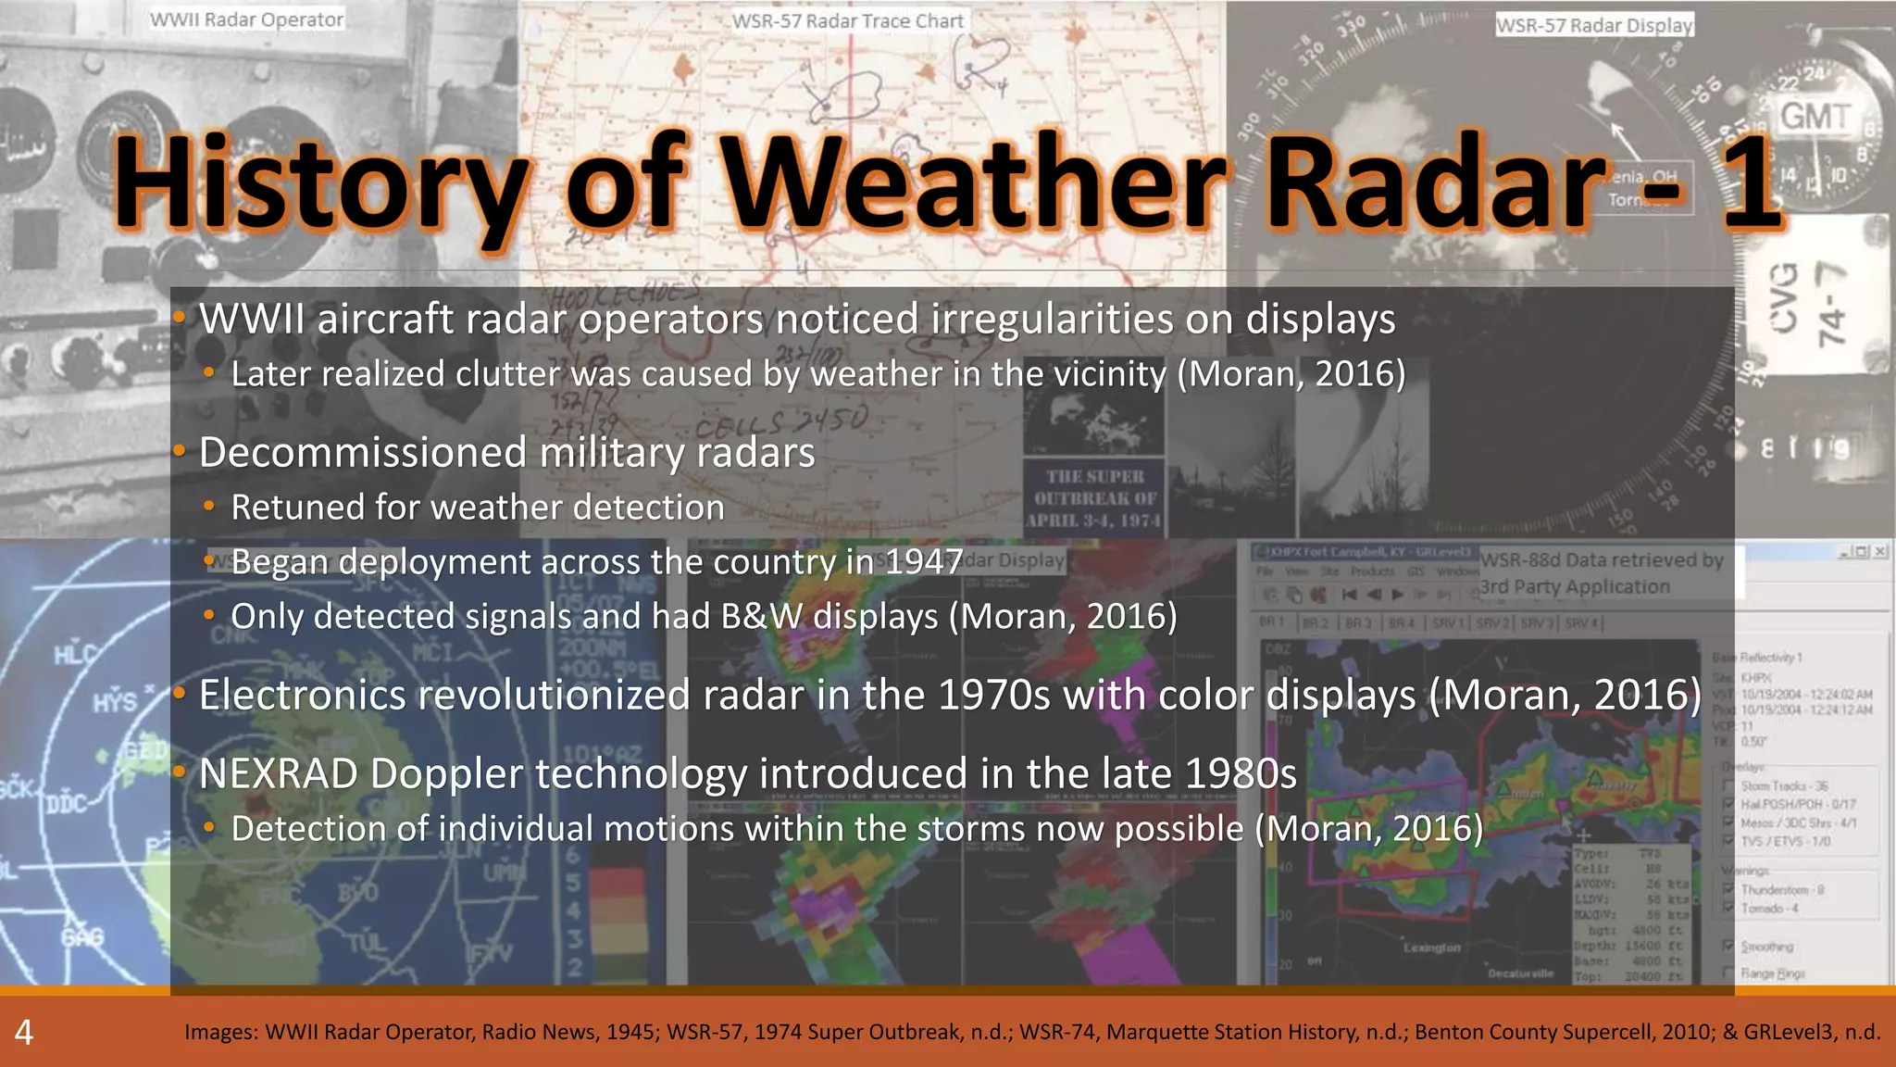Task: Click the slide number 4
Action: coord(24,1032)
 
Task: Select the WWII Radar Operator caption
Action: coord(247,19)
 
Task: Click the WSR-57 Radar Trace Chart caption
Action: coord(847,20)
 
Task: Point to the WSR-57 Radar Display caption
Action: coord(1594,25)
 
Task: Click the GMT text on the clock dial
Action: coord(1815,117)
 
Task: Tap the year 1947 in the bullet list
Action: coord(924,562)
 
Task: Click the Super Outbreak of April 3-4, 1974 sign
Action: coord(1094,498)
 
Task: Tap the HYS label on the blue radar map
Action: coord(114,702)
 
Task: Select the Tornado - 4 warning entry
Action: coord(1768,909)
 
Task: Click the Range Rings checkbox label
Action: coord(1772,973)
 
